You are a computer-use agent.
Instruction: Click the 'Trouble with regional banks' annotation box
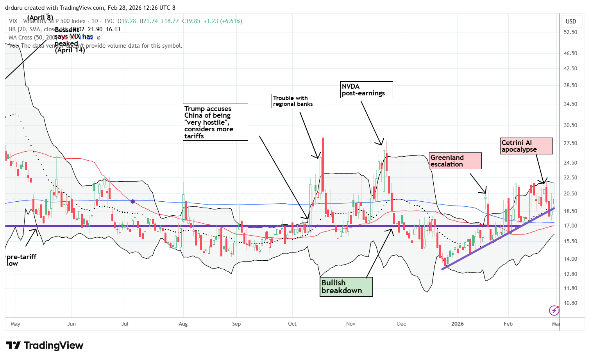(297, 101)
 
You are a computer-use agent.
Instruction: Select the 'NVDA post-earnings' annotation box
(367, 90)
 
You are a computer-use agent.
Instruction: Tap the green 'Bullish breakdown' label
(346, 287)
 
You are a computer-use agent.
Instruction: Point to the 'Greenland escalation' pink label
(455, 161)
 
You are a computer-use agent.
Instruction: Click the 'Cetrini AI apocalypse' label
(526, 146)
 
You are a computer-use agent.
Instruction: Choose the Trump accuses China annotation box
(216, 122)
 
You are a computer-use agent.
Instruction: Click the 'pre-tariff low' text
(21, 260)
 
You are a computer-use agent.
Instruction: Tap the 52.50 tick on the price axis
(571, 32)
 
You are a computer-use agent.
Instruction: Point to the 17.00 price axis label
(571, 226)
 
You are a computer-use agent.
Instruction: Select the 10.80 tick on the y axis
(571, 303)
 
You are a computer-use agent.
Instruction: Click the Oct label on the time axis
(292, 324)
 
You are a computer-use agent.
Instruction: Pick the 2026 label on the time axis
(458, 324)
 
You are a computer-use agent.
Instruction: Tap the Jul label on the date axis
(125, 324)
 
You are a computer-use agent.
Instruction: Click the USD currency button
(571, 21)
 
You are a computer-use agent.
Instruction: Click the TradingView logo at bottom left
(45, 346)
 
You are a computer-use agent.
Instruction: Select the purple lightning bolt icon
(554, 310)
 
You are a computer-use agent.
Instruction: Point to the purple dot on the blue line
(133, 201)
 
